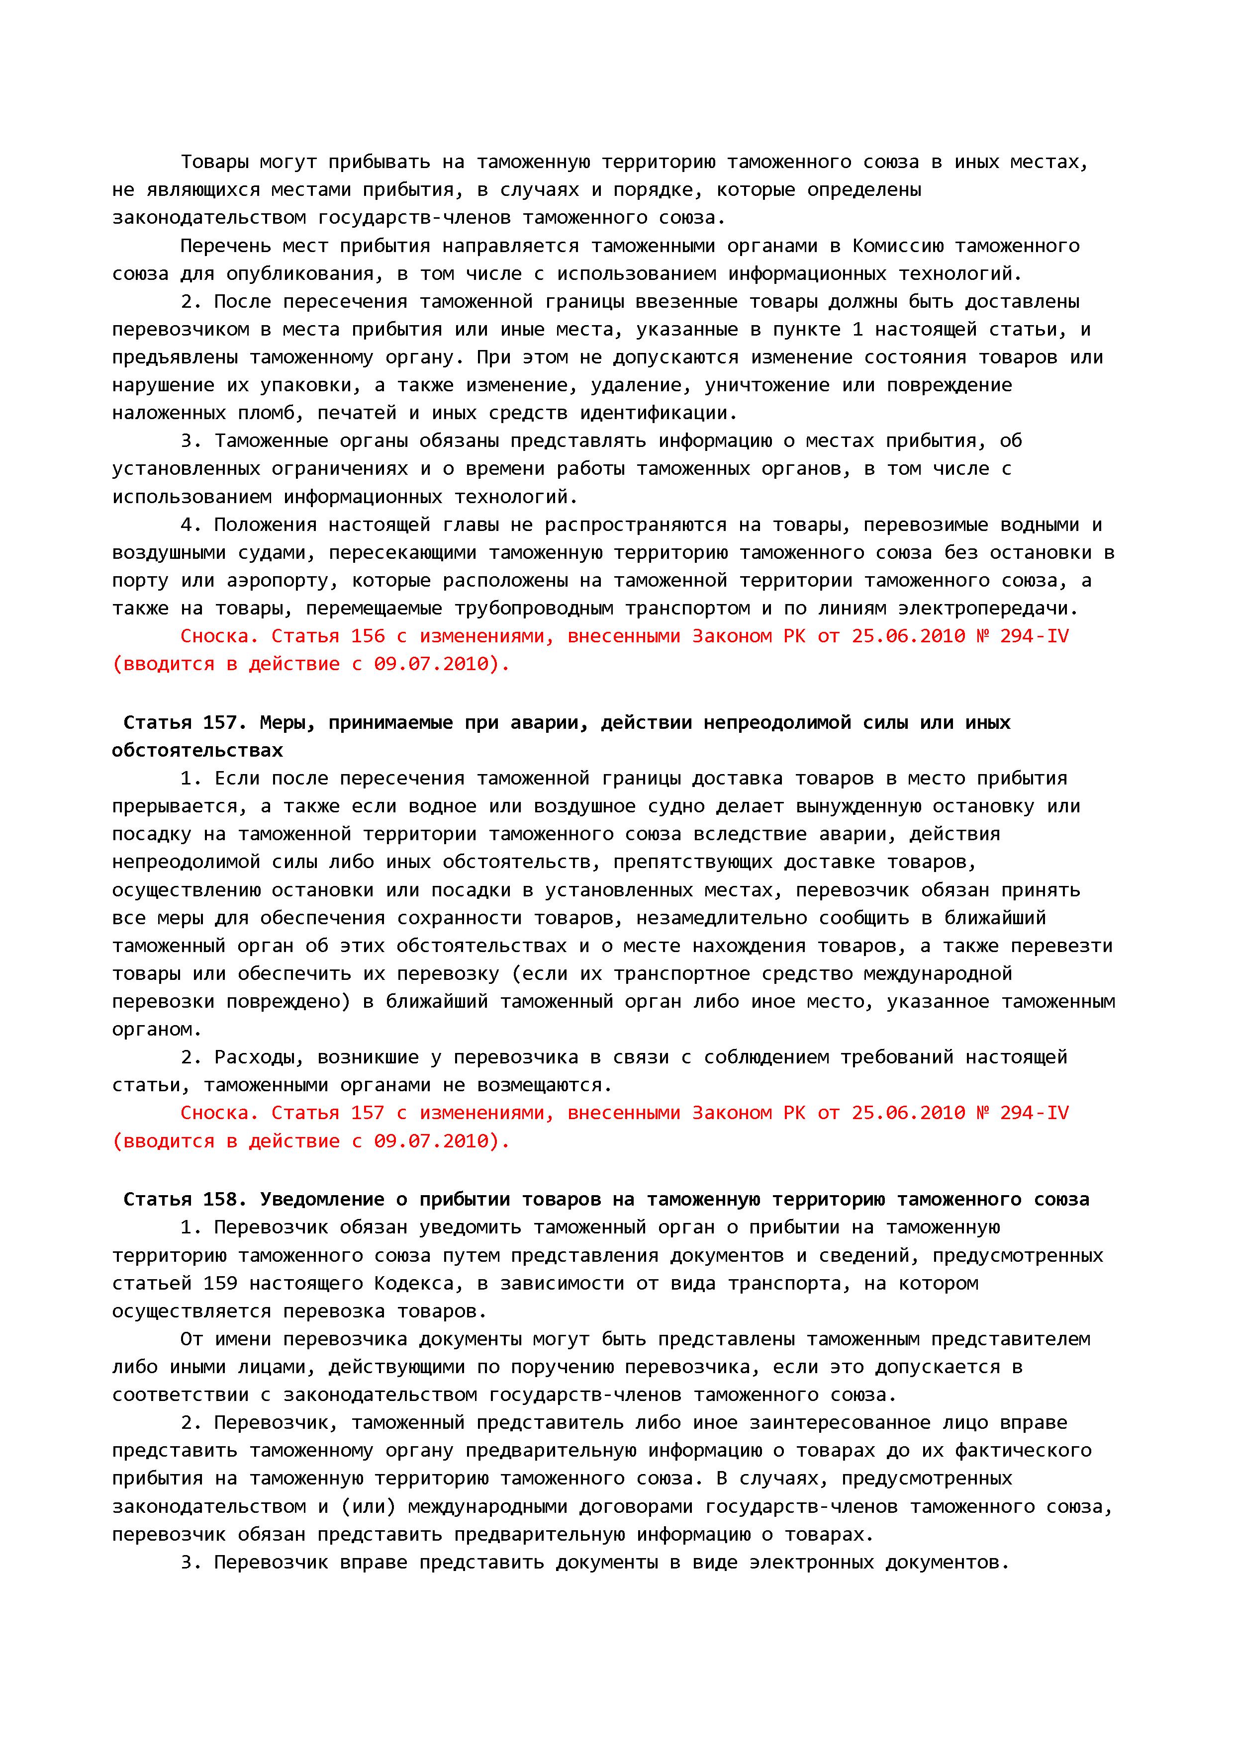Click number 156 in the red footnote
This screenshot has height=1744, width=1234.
[368, 636]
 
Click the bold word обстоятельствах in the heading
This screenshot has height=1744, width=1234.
[197, 751]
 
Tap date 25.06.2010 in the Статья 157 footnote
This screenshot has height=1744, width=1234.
[908, 1114]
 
